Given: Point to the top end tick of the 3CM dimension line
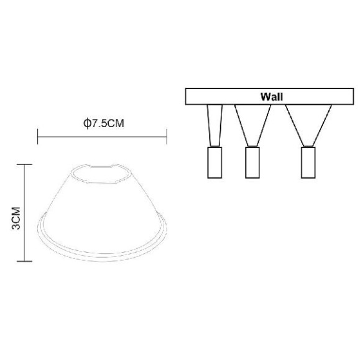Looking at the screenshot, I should (24, 164).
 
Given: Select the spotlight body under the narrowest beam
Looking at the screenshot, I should (214, 163).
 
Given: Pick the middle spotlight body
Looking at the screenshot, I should (252, 163).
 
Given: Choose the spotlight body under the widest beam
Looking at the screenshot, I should (307, 163).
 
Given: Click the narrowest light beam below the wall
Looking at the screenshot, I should (214, 124).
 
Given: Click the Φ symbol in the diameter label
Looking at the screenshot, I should (86, 123).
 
